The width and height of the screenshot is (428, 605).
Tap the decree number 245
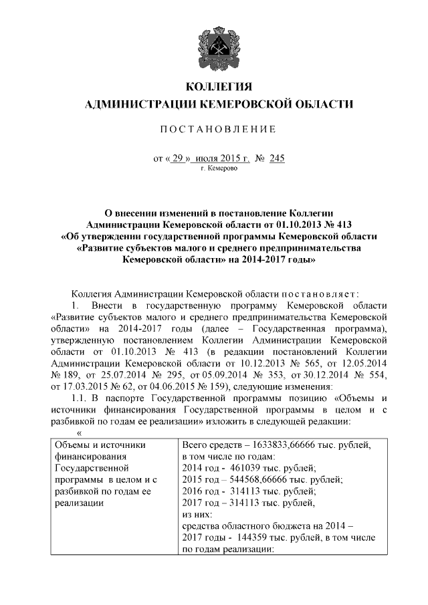[276, 158]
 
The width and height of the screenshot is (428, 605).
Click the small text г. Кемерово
[218, 169]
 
